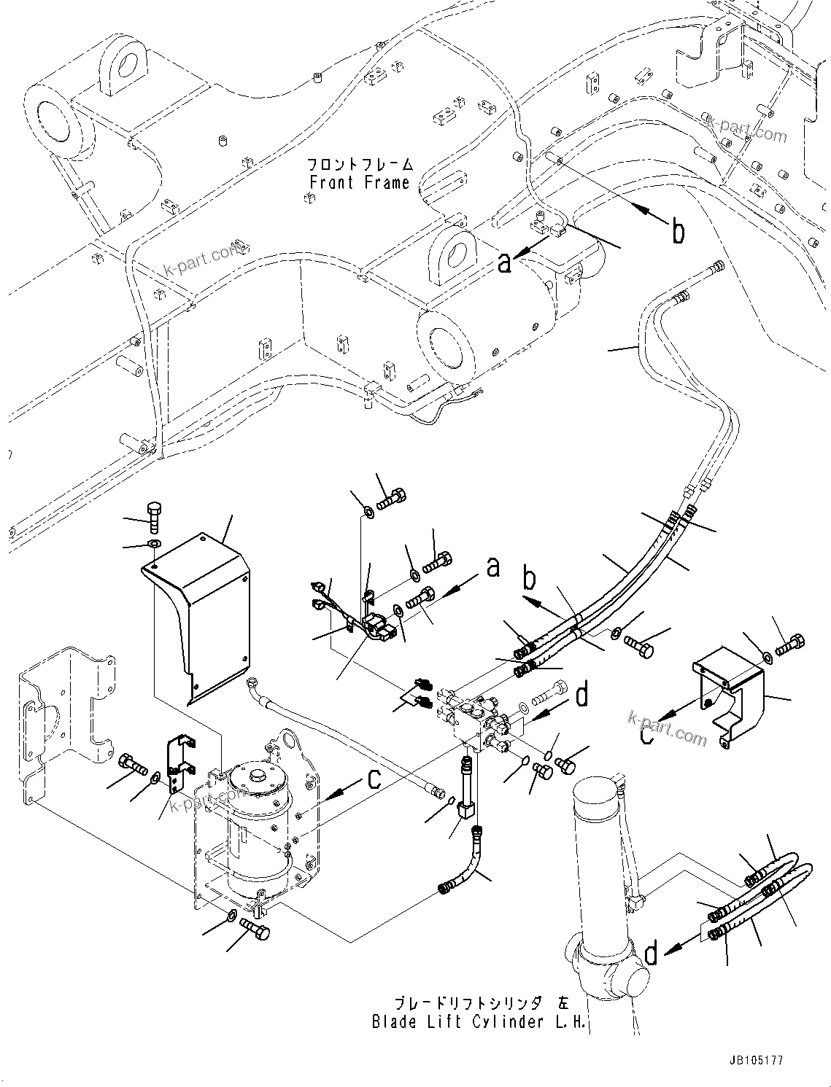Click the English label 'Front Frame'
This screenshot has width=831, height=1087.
pos(360,183)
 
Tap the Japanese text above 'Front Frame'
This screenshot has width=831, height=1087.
pos(360,164)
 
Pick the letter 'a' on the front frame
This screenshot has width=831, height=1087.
pos(504,262)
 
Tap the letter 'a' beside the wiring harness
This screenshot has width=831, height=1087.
pos(493,566)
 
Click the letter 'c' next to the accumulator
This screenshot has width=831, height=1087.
pos(374,779)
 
